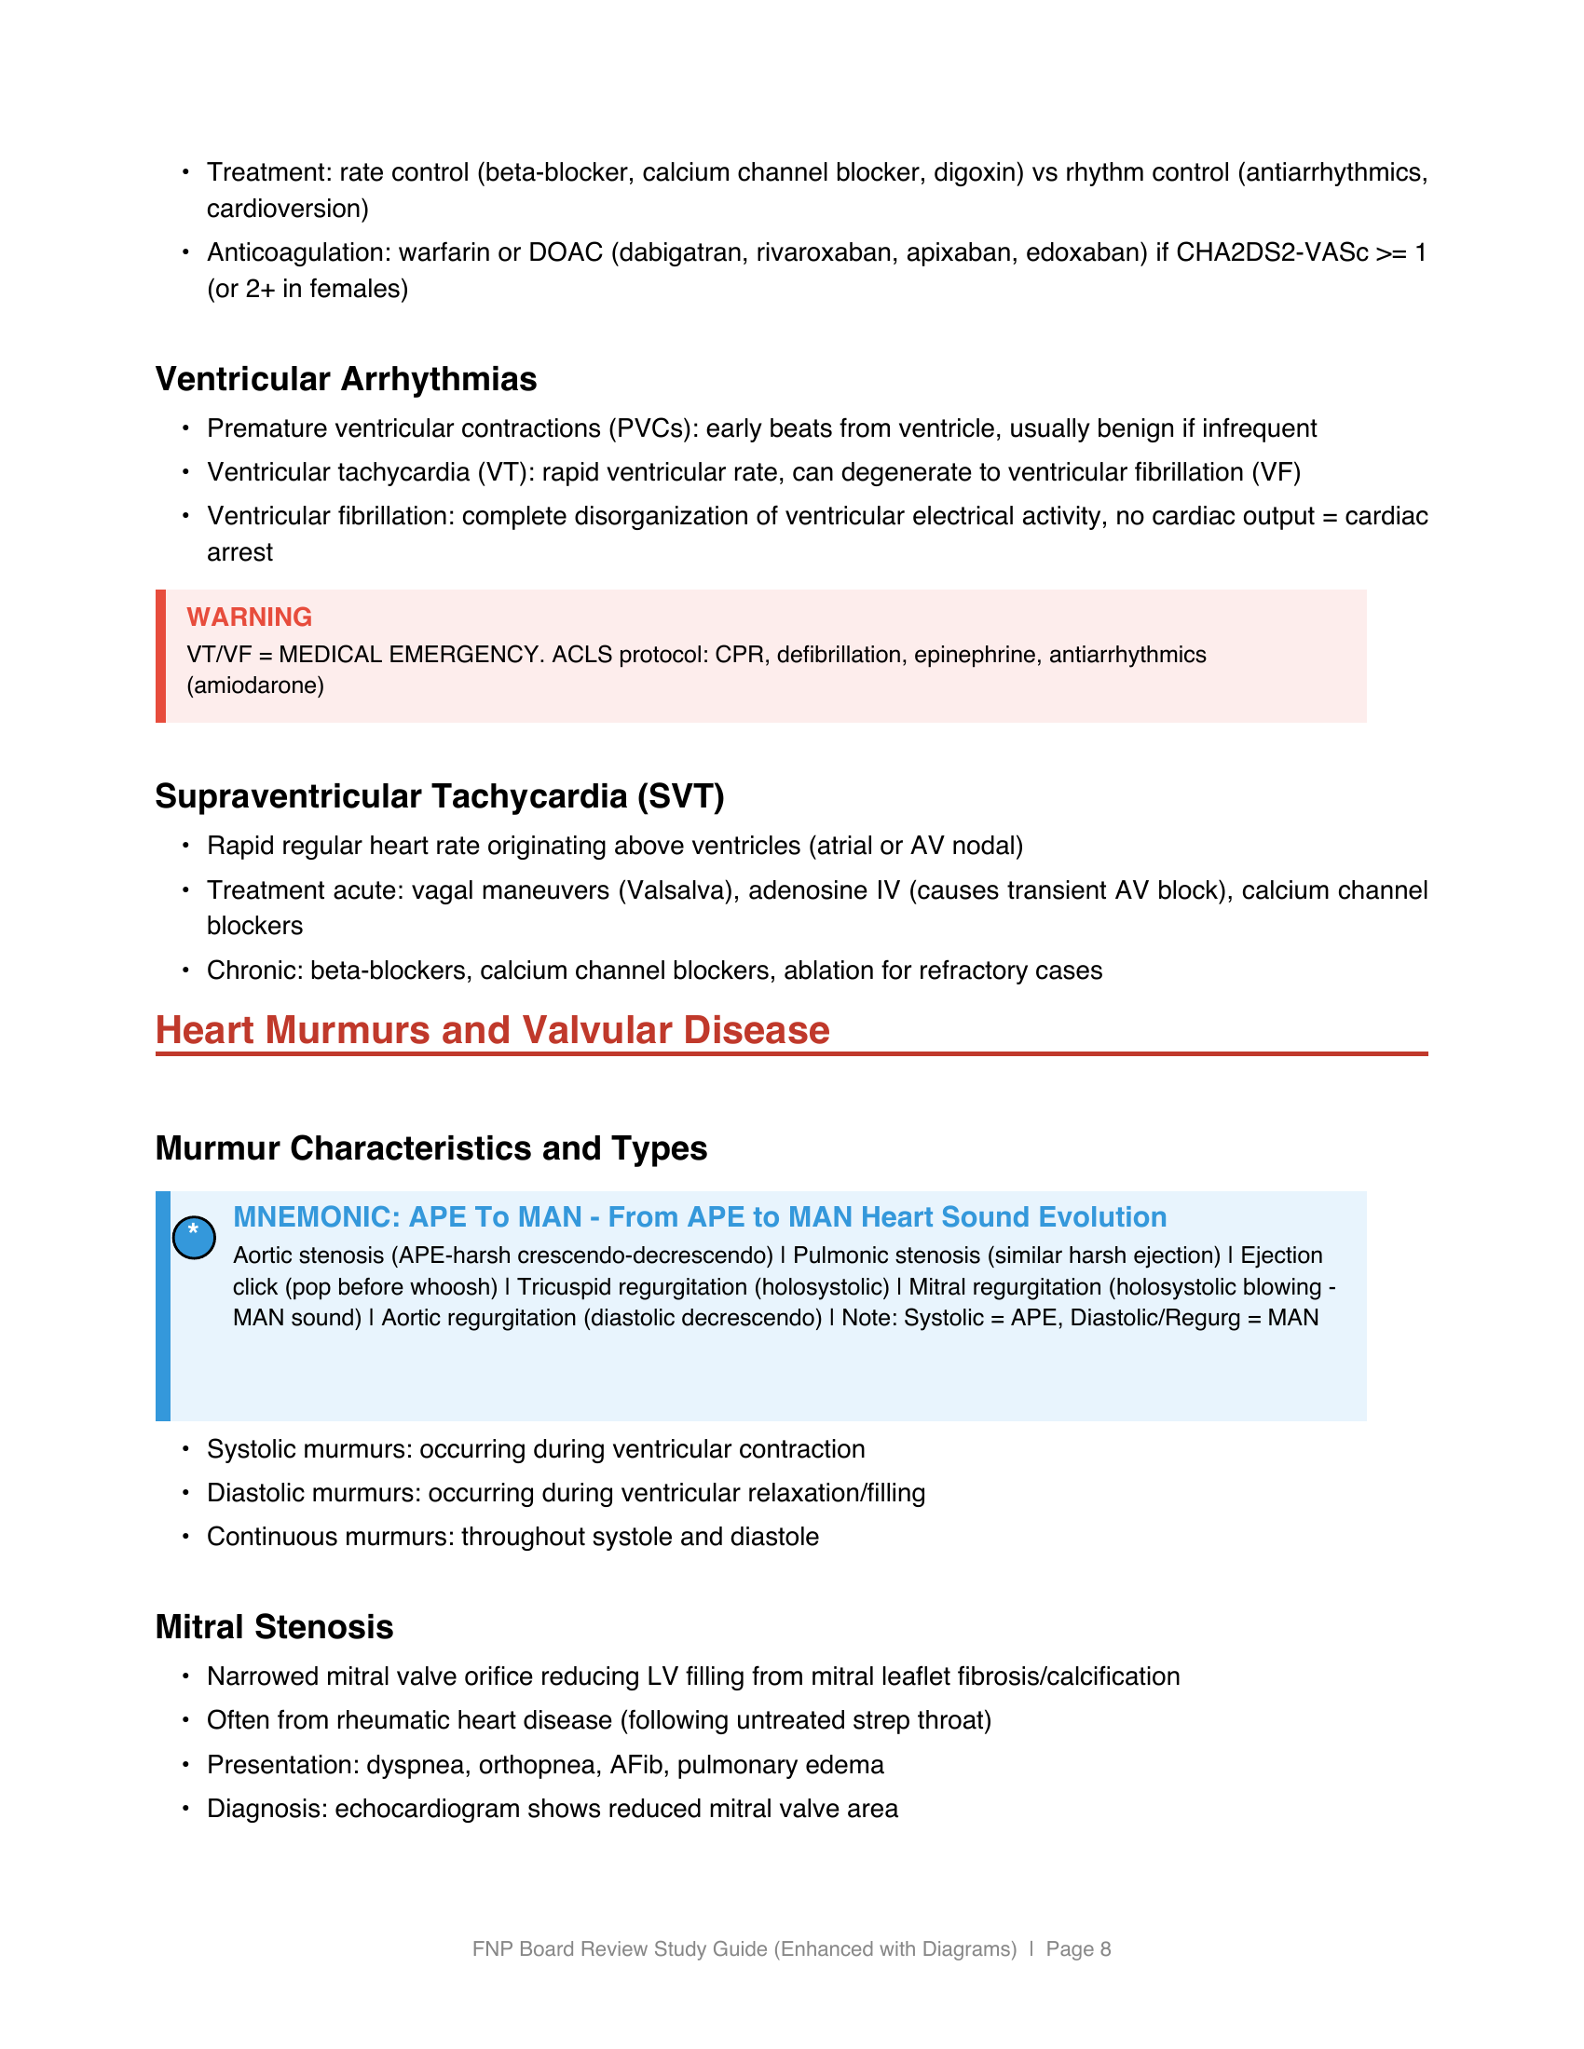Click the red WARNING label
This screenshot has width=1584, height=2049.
[x=249, y=617]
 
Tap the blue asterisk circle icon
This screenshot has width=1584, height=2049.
[x=194, y=1238]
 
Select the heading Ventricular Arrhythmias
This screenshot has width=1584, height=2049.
[x=346, y=379]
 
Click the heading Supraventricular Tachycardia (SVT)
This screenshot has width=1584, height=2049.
[x=439, y=796]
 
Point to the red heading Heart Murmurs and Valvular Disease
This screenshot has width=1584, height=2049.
[x=492, y=1030]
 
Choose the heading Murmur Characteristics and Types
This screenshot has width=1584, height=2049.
[x=430, y=1148]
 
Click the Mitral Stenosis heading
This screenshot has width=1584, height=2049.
[x=274, y=1627]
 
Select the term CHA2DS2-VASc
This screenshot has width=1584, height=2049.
[x=1272, y=253]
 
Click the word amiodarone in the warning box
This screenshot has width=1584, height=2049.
[x=255, y=685]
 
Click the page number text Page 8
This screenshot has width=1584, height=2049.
[x=1078, y=1949]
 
